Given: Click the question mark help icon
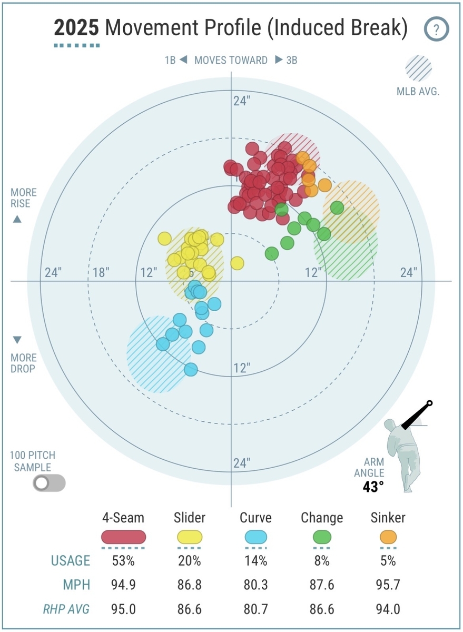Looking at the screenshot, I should pos(436,29).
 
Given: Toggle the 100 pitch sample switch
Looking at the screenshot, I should pos(49,482).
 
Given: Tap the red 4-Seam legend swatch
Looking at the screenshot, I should pos(123,537).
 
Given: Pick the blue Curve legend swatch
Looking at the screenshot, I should pos(255,537).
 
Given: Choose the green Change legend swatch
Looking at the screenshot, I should pos(322,537).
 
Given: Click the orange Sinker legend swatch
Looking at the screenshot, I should pos(388,537).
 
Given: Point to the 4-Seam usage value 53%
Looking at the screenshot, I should pos(123,560).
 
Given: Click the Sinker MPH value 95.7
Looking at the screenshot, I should pos(388,585).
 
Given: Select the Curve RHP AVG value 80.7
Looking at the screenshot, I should pos(255,609).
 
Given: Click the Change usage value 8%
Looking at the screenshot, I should pos(322,560).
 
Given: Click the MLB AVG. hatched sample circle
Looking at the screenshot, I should pos(418,68).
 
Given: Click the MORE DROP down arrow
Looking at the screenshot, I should pos(17,340).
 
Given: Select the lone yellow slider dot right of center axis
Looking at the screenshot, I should pos(237,263).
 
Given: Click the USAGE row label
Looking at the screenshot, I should pos(71,560).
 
